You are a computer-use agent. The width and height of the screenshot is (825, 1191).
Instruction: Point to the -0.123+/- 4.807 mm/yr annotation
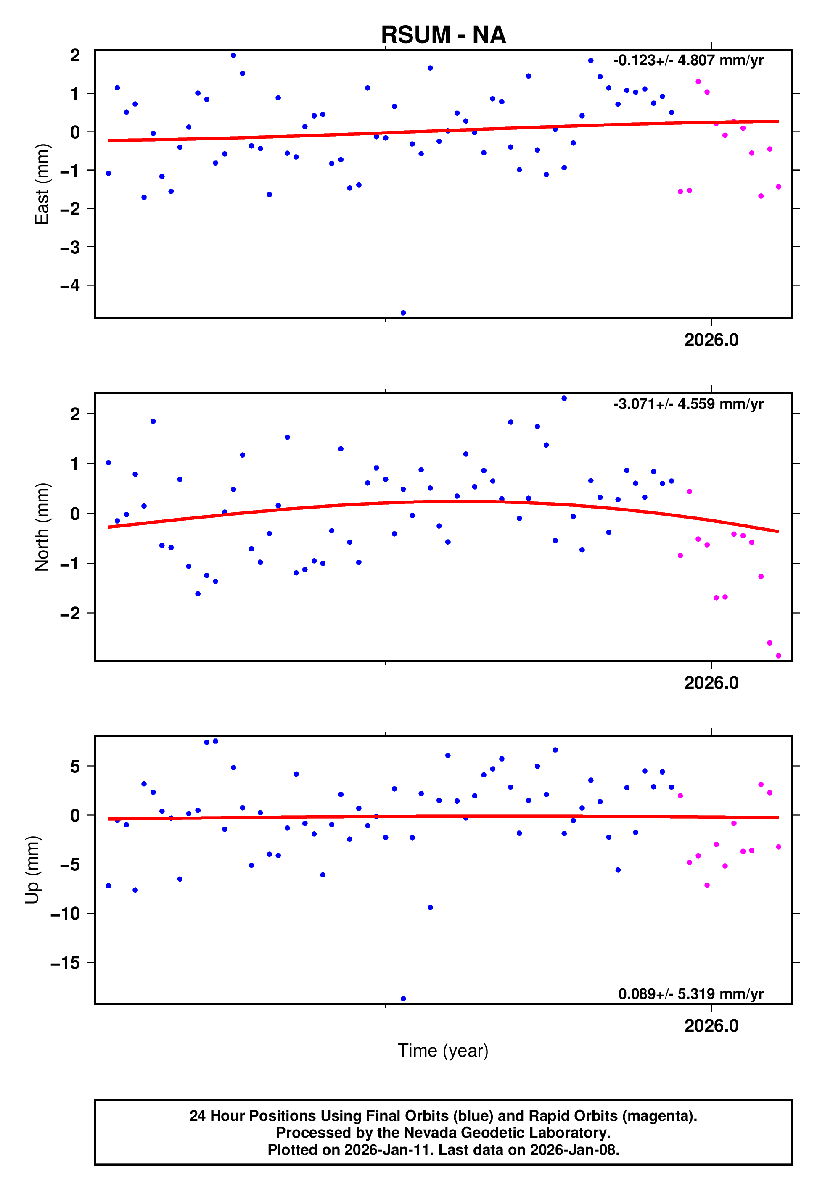tap(688, 61)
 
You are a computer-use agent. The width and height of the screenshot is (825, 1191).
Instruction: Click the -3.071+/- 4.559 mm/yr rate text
tap(688, 404)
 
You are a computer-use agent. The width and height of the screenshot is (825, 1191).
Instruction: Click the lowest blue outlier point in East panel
tap(403, 313)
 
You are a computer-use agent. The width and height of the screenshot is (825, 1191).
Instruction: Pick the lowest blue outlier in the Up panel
tap(403, 999)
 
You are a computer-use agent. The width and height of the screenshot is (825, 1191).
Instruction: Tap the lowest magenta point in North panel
tap(778, 656)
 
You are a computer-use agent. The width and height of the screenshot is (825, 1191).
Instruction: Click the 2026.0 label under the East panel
tap(711, 340)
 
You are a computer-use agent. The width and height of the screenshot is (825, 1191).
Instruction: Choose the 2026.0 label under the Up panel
tap(711, 1026)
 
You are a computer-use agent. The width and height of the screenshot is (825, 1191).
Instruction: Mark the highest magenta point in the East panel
tap(698, 82)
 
